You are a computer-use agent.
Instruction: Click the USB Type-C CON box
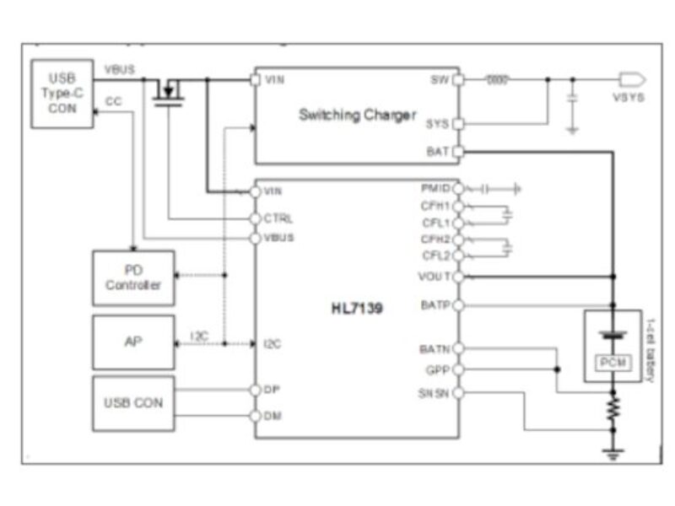62,94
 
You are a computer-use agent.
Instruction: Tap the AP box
133,342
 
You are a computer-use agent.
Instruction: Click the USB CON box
133,402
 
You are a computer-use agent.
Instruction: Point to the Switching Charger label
356,115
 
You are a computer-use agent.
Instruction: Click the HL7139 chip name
356,310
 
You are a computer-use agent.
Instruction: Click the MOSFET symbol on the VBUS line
171,91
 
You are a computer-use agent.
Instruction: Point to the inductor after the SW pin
499,80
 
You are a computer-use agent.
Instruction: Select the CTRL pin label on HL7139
278,218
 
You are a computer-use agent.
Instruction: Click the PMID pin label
435,188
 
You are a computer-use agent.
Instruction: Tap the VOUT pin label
435,276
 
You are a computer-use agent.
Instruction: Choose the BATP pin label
435,304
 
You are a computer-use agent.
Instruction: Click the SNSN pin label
435,394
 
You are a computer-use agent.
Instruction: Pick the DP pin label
273,390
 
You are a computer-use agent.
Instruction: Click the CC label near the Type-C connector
112,101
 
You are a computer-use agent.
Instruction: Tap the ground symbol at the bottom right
613,454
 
